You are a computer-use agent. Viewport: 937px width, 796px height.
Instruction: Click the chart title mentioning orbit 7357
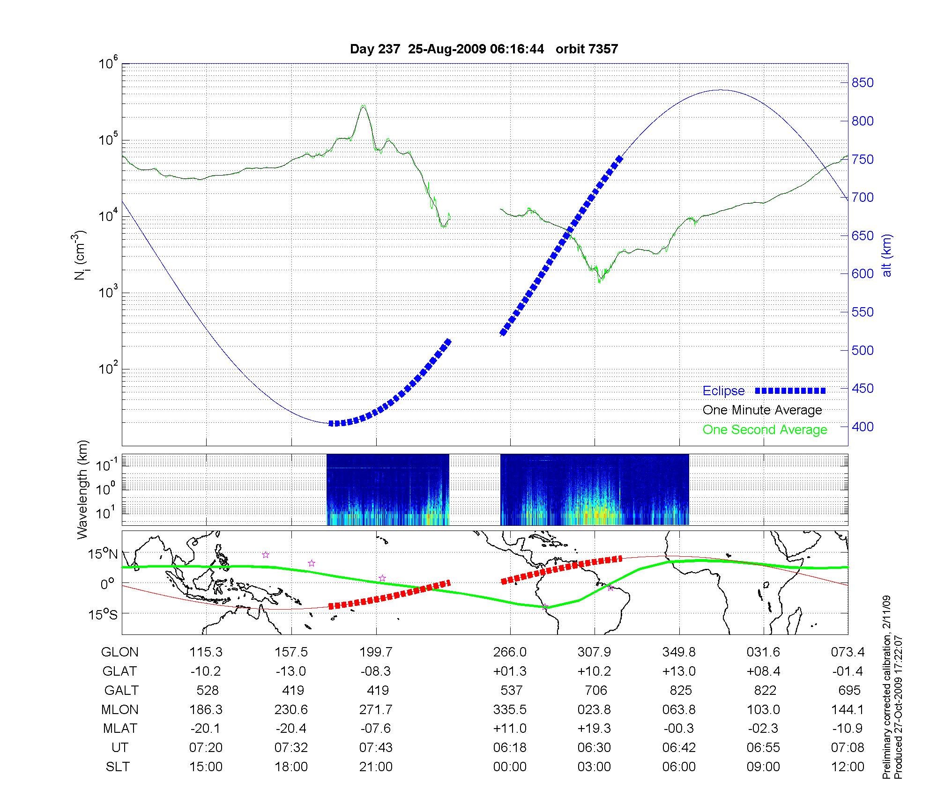pyautogui.click(x=484, y=49)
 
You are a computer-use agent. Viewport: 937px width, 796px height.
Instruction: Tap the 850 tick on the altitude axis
pyautogui.click(x=863, y=83)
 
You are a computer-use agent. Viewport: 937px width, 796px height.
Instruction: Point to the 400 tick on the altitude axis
pyautogui.click(x=863, y=427)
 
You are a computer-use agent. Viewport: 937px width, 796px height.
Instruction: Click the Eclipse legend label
pyautogui.click(x=723, y=391)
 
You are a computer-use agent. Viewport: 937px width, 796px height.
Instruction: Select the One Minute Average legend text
pyautogui.click(x=762, y=410)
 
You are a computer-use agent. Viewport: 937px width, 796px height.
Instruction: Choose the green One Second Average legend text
pyautogui.click(x=765, y=430)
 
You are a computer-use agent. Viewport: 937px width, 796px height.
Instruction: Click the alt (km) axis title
pyautogui.click(x=887, y=255)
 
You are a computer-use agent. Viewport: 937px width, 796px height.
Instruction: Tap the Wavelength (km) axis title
pyautogui.click(x=82, y=489)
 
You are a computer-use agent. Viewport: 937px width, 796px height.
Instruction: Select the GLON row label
pyautogui.click(x=120, y=652)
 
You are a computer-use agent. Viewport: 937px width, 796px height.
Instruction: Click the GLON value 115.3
pyautogui.click(x=206, y=652)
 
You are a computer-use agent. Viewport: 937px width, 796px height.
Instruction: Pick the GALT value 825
pyautogui.click(x=681, y=691)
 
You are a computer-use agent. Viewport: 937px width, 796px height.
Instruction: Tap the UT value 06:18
pyautogui.click(x=510, y=748)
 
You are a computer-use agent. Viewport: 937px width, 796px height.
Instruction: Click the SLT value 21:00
pyautogui.click(x=376, y=767)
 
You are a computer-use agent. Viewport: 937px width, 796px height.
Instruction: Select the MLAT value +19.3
pyautogui.click(x=594, y=729)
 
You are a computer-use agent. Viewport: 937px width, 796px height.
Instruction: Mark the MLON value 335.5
pyautogui.click(x=510, y=710)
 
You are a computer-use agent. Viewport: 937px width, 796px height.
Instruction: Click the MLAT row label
pyautogui.click(x=120, y=729)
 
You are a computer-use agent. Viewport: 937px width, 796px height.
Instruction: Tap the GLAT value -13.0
pyautogui.click(x=291, y=671)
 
